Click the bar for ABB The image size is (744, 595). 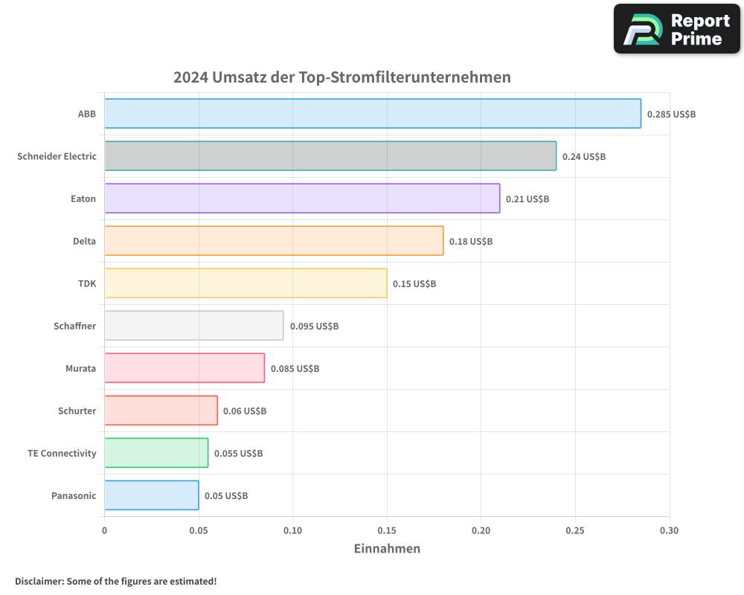[x=372, y=114]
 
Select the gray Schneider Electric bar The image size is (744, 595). [x=330, y=156]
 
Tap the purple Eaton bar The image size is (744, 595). [x=301, y=199]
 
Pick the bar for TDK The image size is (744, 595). [x=246, y=283]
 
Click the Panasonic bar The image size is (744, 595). [x=152, y=495]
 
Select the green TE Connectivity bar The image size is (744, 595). [x=156, y=453]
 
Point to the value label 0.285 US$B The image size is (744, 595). [x=671, y=115]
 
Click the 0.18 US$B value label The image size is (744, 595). [x=471, y=242]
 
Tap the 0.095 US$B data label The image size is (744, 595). [x=314, y=327]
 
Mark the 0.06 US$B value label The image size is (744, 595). [x=245, y=411]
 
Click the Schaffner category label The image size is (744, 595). [x=74, y=327]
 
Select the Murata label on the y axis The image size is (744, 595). [x=80, y=369]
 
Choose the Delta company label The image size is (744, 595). [x=84, y=242]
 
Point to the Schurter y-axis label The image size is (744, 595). [x=77, y=411]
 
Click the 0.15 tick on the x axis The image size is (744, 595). [x=387, y=531]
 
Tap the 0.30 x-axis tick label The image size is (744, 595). [x=669, y=531]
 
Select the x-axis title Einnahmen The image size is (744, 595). [x=387, y=549]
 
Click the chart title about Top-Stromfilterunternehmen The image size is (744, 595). [x=342, y=77]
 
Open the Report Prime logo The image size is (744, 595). [x=677, y=29]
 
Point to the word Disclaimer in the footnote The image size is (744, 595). [x=39, y=581]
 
